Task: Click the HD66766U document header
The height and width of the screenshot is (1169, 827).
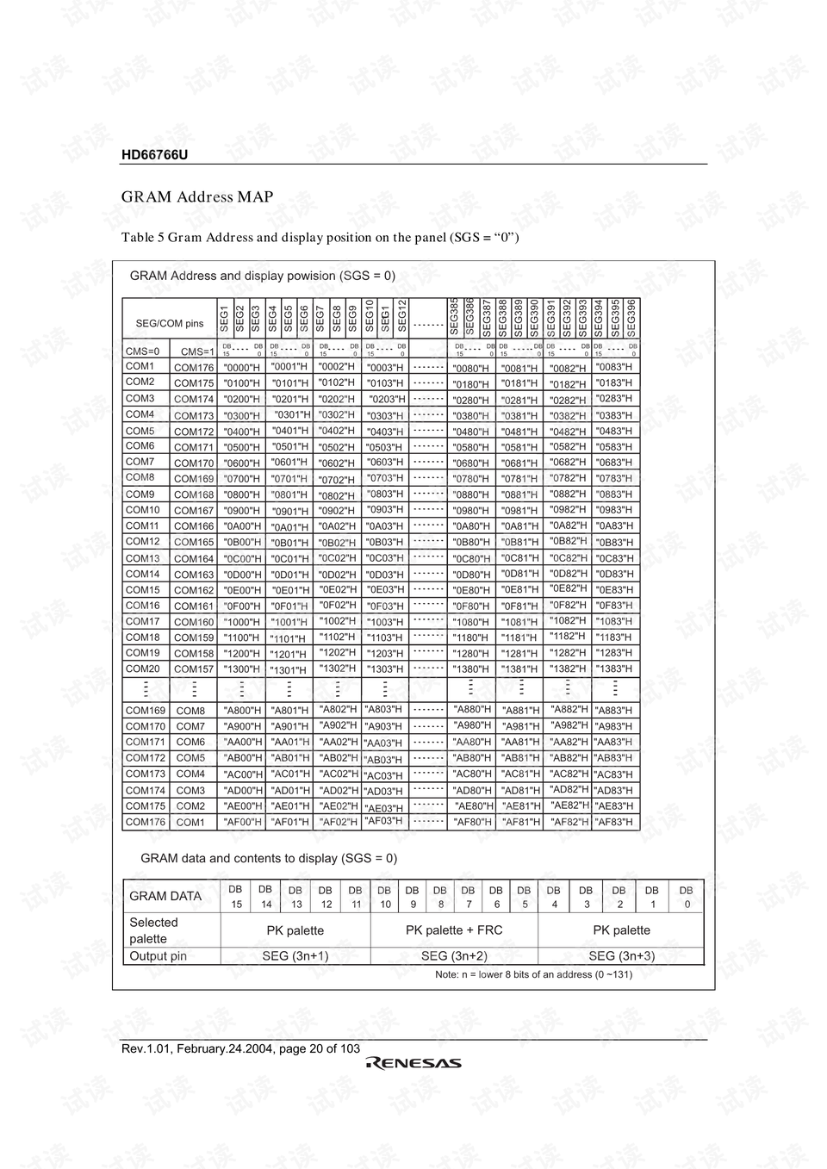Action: click(x=154, y=155)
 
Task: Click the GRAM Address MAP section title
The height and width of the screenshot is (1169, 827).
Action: click(x=197, y=197)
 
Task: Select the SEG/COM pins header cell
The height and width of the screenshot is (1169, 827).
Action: click(x=170, y=324)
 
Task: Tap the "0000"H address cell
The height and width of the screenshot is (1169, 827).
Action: click(x=241, y=368)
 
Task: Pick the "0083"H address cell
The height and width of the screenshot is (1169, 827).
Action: click(x=614, y=367)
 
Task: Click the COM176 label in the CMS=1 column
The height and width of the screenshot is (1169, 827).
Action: click(x=194, y=368)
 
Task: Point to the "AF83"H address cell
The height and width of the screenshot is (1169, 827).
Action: click(x=614, y=822)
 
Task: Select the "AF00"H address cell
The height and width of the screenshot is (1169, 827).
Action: click(x=242, y=823)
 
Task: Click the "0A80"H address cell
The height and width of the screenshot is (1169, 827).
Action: click(x=471, y=526)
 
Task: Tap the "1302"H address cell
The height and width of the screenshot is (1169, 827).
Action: click(x=337, y=668)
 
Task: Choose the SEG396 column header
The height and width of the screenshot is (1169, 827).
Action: click(x=631, y=318)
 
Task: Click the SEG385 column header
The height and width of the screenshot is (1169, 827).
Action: click(x=454, y=318)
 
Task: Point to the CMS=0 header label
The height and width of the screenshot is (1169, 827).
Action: click(x=142, y=351)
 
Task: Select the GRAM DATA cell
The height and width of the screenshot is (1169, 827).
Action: click(x=165, y=896)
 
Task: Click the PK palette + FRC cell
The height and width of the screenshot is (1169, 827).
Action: click(x=454, y=930)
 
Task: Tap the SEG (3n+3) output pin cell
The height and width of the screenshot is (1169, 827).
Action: click(x=621, y=955)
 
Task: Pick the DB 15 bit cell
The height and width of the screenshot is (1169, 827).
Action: click(x=236, y=896)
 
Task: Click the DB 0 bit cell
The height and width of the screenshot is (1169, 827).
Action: click(x=687, y=896)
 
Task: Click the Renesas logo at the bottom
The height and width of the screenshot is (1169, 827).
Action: click(x=414, y=1064)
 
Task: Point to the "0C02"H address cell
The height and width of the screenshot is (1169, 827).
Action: click(x=337, y=557)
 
